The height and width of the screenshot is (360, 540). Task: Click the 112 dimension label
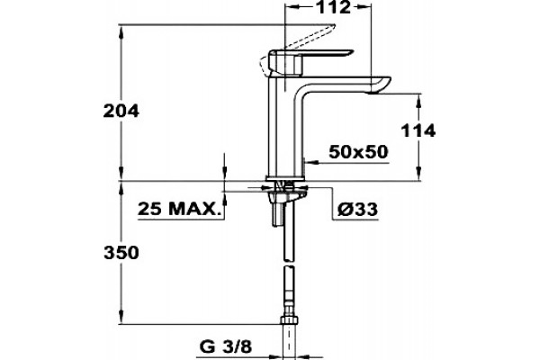click(332, 7)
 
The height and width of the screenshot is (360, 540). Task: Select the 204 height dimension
click(121, 111)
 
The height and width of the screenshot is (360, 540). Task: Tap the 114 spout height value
click(418, 130)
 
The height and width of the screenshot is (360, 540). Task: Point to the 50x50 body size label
click(358, 151)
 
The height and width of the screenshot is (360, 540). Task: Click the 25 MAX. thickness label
click(179, 209)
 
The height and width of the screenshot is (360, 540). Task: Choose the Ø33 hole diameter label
click(357, 209)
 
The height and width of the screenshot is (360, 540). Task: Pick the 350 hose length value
click(121, 253)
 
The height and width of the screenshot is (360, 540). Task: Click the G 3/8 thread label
click(226, 347)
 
